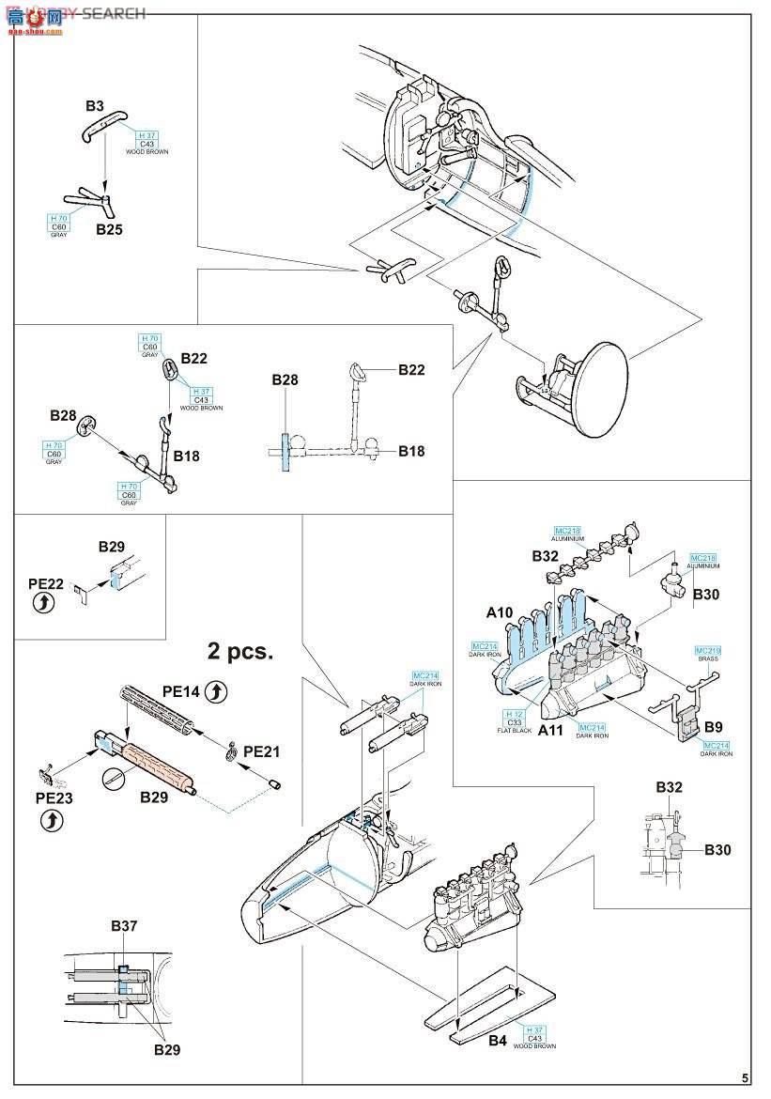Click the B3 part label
[x=95, y=106]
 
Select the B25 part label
[x=108, y=229]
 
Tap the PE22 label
[x=46, y=584]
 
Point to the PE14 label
[x=181, y=690]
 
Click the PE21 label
[x=261, y=752]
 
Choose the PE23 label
[x=54, y=797]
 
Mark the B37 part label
[x=124, y=926]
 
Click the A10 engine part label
[x=500, y=612]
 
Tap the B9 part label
[x=713, y=726]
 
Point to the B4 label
[x=498, y=1040]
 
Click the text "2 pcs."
[x=240, y=651]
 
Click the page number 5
[x=745, y=1078]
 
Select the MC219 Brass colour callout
[x=707, y=653]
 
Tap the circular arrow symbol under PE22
[x=43, y=604]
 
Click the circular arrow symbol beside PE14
[x=216, y=692]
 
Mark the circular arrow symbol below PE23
[x=54, y=820]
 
